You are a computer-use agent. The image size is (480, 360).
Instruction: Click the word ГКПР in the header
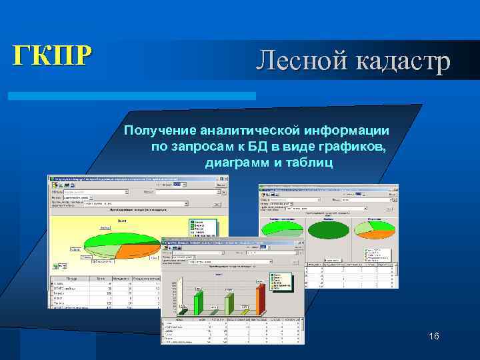49,55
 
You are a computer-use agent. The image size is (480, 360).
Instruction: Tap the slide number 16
434,337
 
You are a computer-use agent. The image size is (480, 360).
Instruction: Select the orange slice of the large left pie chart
136,251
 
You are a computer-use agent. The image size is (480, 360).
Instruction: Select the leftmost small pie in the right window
281,227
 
